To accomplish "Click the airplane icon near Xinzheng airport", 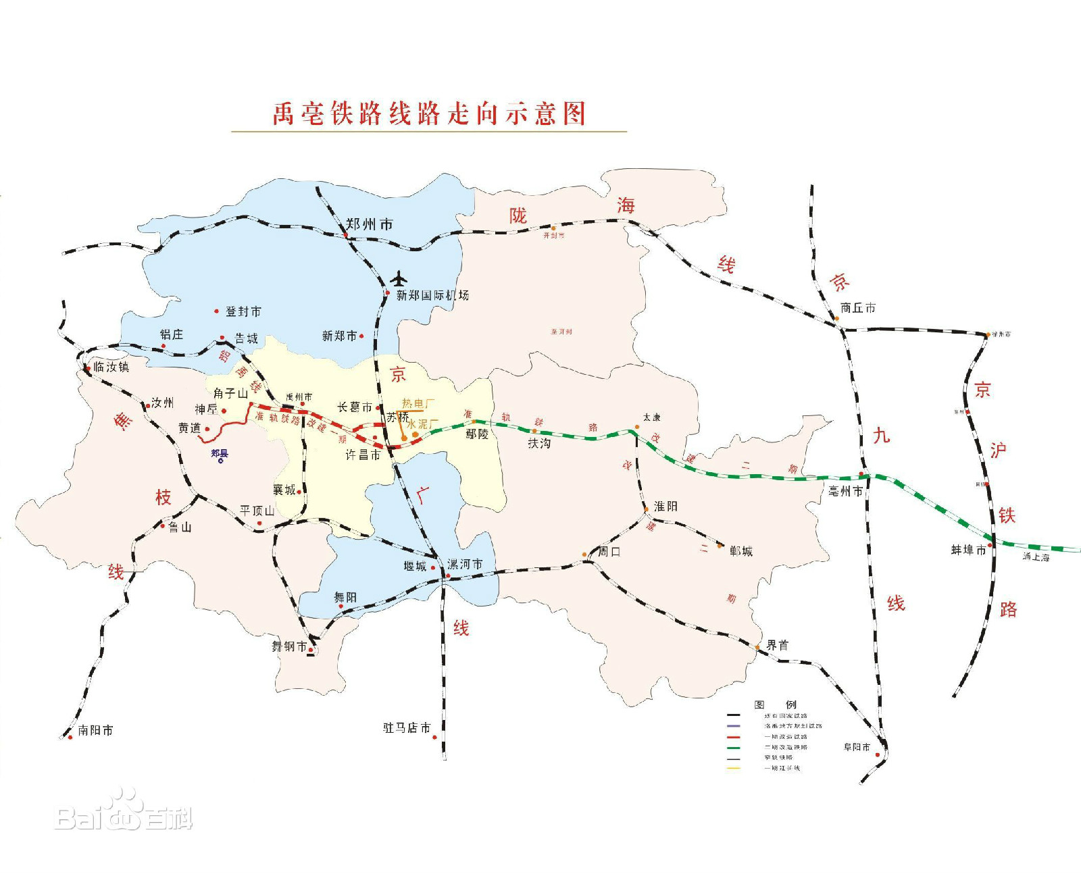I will click(x=399, y=278).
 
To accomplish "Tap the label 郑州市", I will click(x=369, y=224).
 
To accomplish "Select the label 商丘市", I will click(x=858, y=308).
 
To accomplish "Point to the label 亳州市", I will click(x=845, y=491).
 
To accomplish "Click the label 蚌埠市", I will click(x=968, y=550).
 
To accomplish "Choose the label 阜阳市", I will click(x=857, y=747).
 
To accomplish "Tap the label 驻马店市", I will click(x=407, y=727).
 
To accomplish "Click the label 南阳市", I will click(x=95, y=730).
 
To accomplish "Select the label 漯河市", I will click(x=465, y=564).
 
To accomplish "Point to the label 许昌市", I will click(x=363, y=455).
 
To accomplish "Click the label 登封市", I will click(x=243, y=311).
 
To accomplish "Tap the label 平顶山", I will click(x=257, y=511).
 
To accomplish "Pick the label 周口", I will click(x=609, y=551).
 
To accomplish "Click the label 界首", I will click(x=777, y=645).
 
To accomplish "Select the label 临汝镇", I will click(x=111, y=367).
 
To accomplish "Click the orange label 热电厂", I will click(x=418, y=404).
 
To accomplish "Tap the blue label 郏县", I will click(x=220, y=453).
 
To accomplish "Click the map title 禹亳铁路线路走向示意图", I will click(x=429, y=113).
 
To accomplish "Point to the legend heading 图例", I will click(x=775, y=704).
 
